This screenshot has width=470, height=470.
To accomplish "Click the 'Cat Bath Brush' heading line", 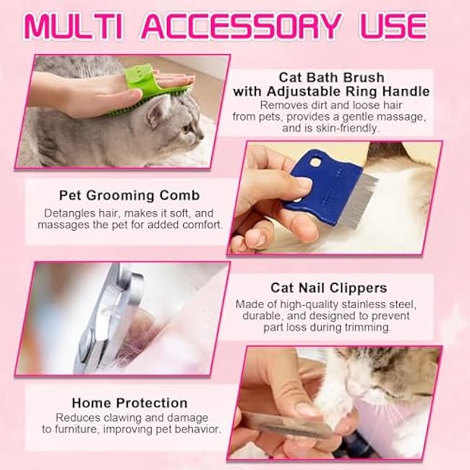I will click(331, 77).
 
